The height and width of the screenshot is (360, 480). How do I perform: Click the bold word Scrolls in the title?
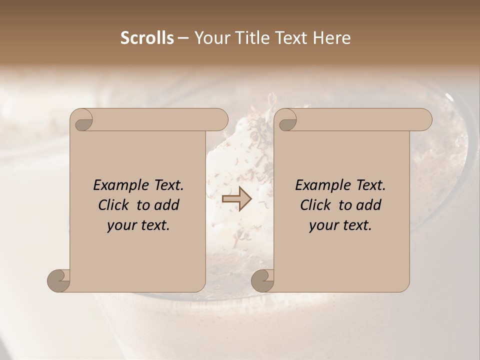coord(147,38)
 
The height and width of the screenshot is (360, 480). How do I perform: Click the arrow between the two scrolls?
coord(236,199)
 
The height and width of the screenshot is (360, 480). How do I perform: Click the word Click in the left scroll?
coord(114,205)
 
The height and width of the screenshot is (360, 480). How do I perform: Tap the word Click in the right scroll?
coord(316,205)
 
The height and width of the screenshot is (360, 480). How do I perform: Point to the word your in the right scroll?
coord(322,226)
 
